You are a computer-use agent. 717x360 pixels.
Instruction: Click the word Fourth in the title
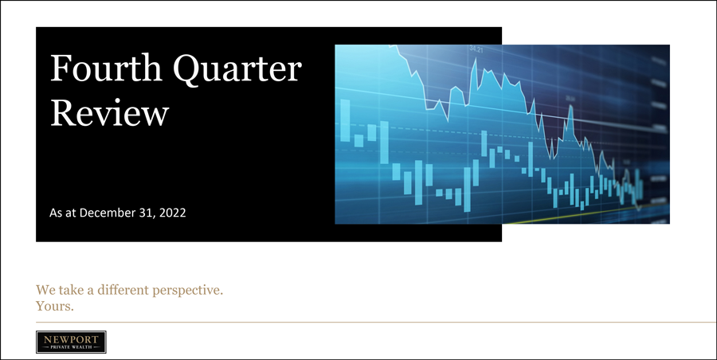click(106, 68)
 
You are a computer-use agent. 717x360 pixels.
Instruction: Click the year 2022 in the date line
click(174, 213)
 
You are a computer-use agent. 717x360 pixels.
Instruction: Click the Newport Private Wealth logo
click(72, 342)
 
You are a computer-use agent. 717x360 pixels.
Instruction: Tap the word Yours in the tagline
click(55, 306)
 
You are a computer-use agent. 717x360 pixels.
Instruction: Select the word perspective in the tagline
click(187, 291)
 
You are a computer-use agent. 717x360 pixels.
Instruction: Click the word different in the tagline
click(123, 290)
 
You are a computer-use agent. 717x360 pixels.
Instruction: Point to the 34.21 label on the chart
click(476, 48)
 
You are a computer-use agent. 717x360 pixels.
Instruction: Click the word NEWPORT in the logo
click(71, 339)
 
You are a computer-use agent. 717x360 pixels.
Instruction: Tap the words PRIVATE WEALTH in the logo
click(71, 347)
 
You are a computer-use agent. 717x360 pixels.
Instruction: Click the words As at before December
click(64, 213)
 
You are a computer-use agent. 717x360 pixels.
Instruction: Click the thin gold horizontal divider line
click(376, 322)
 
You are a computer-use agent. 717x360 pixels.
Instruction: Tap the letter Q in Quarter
click(188, 69)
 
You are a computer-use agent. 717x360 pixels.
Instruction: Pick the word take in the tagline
click(66, 290)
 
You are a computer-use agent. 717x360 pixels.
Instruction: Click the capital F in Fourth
click(60, 68)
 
